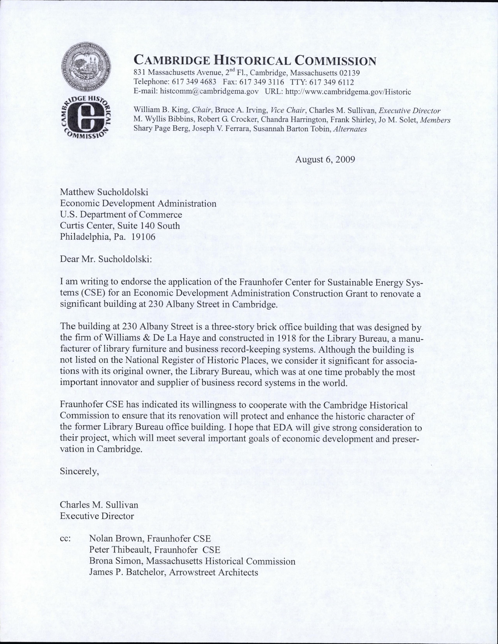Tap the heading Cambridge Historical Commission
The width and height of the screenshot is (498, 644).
click(255, 60)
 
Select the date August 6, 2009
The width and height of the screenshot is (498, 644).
click(325, 159)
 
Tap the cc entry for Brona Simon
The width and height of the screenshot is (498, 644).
click(192, 561)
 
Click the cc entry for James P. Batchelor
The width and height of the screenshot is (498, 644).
click(174, 572)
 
